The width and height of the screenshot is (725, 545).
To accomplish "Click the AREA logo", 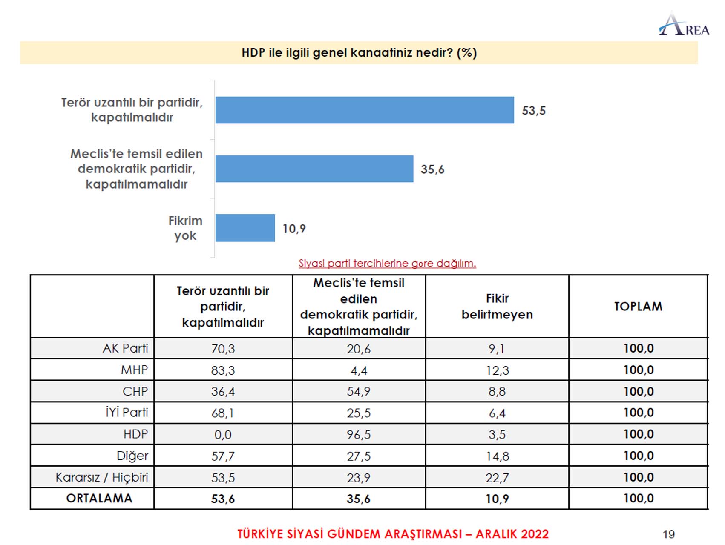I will point(684,25).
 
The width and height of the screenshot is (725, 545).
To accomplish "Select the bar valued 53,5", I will point(364,110).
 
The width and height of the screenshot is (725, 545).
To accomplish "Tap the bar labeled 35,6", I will point(314,169).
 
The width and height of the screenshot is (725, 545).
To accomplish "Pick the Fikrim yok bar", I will point(245,228).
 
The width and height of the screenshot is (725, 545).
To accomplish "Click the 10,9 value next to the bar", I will point(294,229).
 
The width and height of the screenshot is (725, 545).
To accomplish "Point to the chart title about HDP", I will point(359,53).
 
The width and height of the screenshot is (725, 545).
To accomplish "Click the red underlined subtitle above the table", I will point(387,263).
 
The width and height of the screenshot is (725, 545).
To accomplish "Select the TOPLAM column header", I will point(638,307).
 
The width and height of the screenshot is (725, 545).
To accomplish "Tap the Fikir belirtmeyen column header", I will point(497,307).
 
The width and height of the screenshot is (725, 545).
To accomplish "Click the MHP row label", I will point(134,370).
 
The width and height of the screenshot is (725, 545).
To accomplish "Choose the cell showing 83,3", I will point(223,370).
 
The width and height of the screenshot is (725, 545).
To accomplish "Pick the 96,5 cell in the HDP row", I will point(358,435).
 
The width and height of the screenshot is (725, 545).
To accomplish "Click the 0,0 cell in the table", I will point(223,435).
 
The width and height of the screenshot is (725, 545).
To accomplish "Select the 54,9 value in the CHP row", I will point(358,392).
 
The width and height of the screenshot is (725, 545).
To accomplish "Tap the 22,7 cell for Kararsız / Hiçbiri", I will point(497,478).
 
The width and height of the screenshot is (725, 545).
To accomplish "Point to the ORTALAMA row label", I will point(99,499).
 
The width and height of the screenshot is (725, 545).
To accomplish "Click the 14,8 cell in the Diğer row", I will point(497,456).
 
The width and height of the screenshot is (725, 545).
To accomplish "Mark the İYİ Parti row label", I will point(127,413).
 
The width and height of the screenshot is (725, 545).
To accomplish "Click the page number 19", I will point(668,534).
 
